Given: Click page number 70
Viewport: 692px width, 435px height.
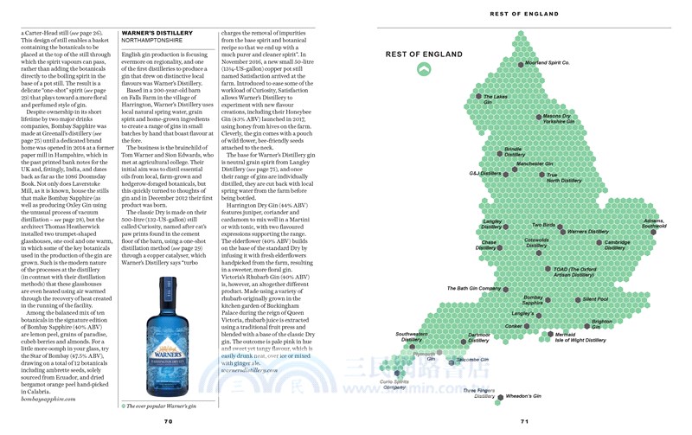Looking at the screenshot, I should (169, 421).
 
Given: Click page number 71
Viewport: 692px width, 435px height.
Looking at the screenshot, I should (524, 421).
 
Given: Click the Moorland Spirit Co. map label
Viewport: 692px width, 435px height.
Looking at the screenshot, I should (548, 63).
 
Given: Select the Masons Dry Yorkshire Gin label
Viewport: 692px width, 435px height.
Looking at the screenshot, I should (557, 118).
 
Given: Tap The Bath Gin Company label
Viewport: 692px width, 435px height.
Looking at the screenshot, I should (474, 288).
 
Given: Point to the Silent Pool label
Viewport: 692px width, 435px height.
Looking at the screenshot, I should (595, 299).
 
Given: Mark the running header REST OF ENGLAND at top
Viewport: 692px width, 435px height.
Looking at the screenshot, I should (524, 14).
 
